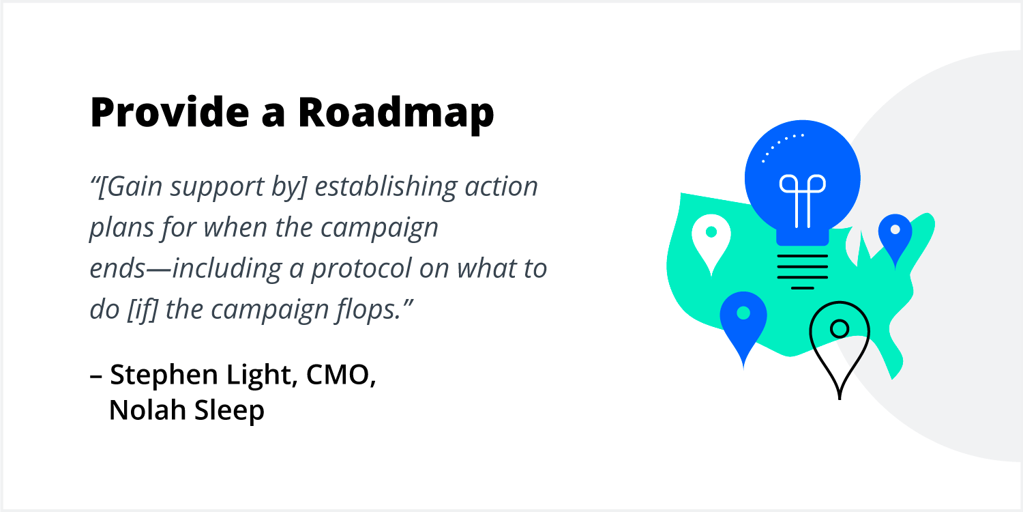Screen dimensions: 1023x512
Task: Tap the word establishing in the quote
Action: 385,187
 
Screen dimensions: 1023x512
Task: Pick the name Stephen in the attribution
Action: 164,375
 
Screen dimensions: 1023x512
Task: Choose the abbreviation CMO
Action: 341,375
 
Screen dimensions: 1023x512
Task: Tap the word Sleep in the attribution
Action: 229,412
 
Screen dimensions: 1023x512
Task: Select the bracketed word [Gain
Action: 130,187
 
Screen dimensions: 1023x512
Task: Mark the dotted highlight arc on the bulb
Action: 781,145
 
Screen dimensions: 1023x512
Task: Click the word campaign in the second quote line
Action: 379,228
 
